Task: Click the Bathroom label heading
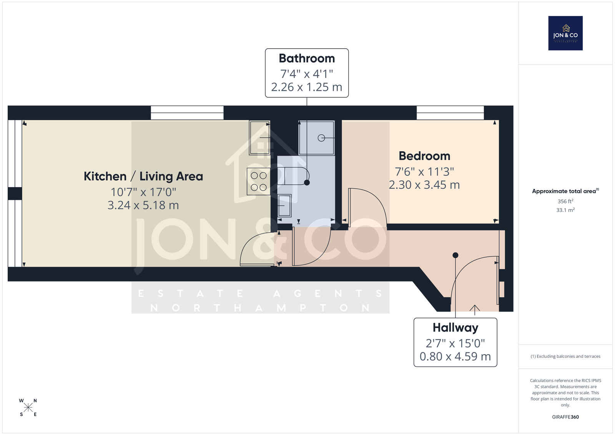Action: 307,58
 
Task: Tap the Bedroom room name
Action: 424,156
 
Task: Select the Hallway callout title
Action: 455,328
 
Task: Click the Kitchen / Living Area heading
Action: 143,177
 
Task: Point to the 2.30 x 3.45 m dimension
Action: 424,185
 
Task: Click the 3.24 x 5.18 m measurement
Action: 143,205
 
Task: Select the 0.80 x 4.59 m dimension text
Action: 455,357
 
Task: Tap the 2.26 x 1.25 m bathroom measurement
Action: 307,87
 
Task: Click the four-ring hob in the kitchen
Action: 259,182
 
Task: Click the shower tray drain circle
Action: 321,138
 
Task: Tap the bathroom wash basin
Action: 284,205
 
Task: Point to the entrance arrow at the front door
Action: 475,310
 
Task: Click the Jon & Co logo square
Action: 565,33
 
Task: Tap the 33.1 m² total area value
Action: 565,210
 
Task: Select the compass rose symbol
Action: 28,408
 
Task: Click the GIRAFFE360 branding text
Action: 565,417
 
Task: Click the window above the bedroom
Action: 450,113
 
